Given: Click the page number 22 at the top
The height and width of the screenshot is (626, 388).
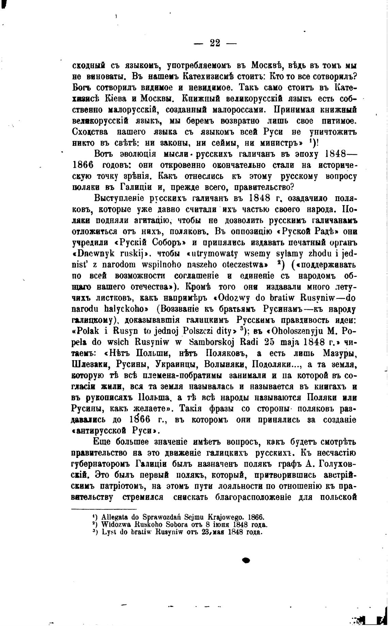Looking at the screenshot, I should pyautogui.click(x=215, y=43).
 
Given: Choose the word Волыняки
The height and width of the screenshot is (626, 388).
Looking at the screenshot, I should pyautogui.click(x=225, y=365).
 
